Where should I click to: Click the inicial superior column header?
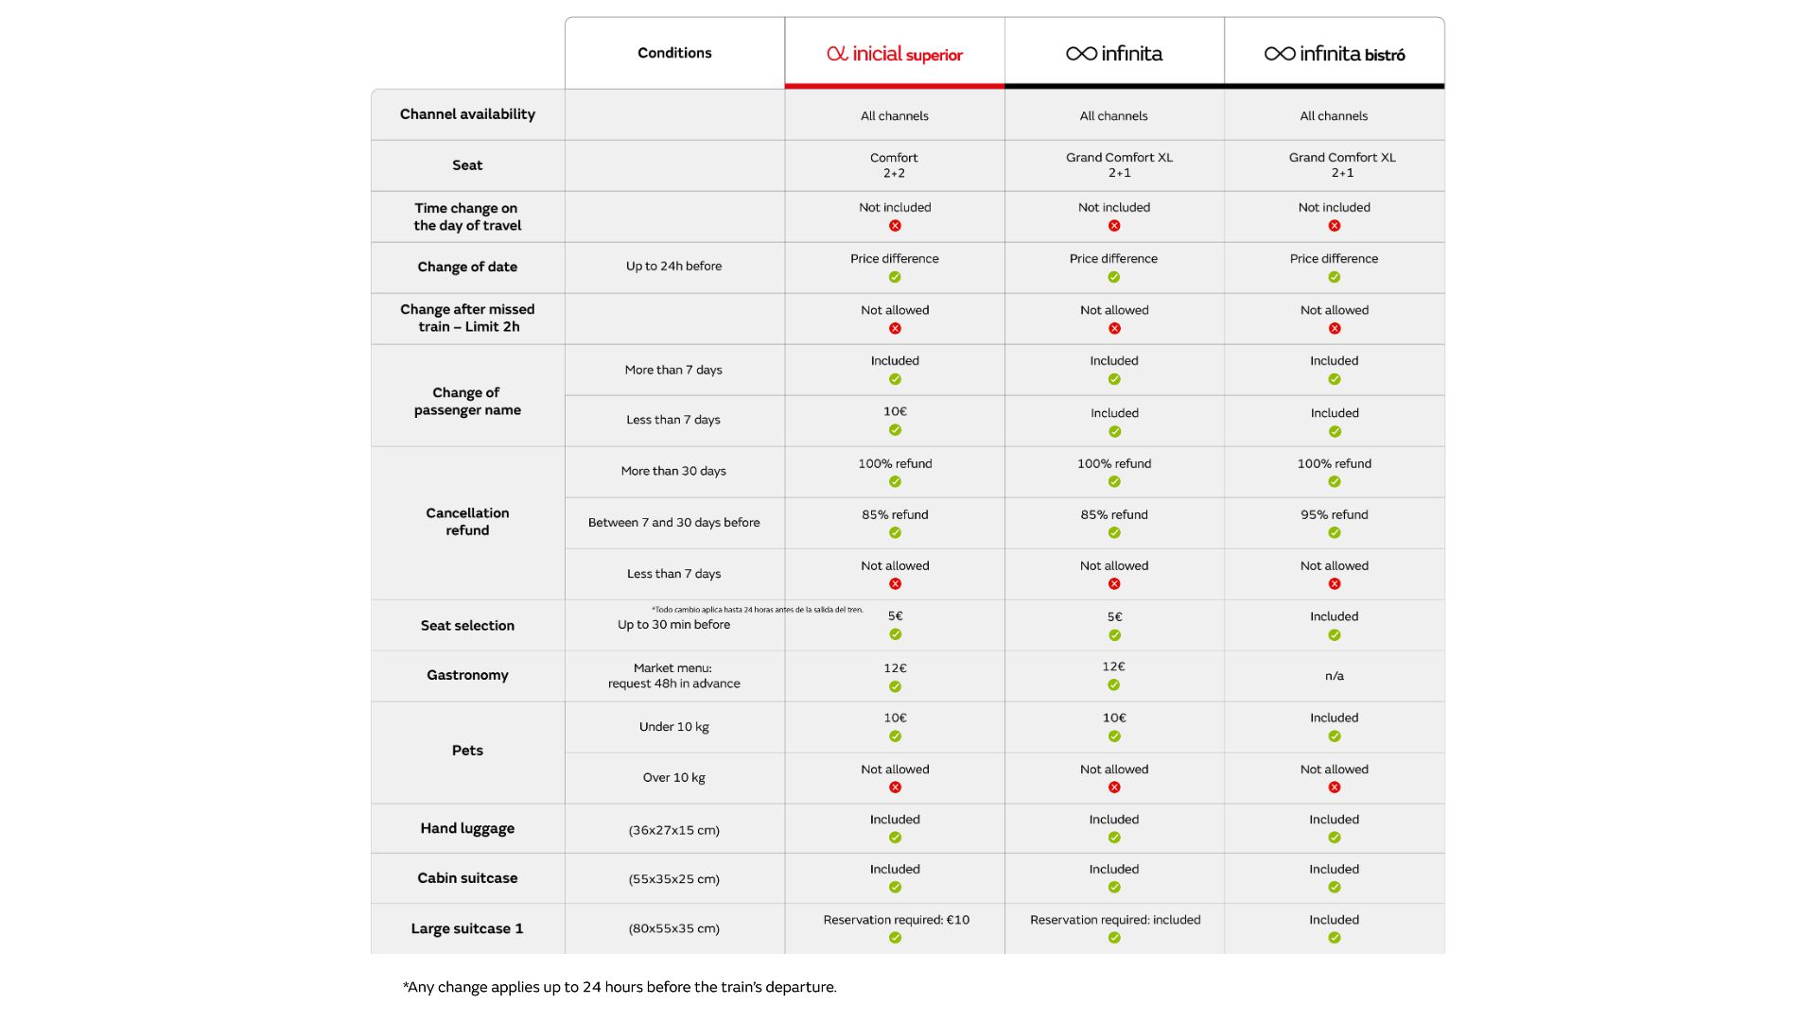tap(895, 54)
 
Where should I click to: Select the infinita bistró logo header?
tap(1335, 54)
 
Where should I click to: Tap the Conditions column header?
tap(674, 53)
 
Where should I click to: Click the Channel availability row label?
tap(467, 114)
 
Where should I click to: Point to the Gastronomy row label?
tap(467, 675)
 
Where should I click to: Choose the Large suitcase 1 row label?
tap(467, 928)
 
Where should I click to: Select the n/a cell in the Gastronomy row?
tap(1335, 676)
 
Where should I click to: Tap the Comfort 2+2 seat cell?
tap(895, 165)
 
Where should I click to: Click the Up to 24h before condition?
tap(673, 267)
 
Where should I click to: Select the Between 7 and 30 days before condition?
tap(673, 523)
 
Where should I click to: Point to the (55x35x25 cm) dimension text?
tap(674, 879)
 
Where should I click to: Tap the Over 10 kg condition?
tap(674, 778)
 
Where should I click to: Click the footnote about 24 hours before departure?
tap(620, 987)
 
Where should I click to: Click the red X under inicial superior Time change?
tap(895, 226)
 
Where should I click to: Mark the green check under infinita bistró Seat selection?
tap(1335, 635)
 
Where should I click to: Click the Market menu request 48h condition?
tap(674, 676)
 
